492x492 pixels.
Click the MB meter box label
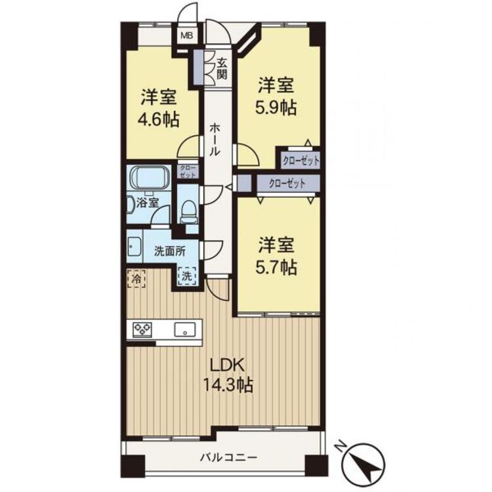pos(187,35)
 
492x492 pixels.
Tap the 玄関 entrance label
pos(222,69)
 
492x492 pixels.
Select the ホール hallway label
pos(215,140)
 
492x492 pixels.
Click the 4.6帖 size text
pos(159,119)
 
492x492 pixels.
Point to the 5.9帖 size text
pos(276,108)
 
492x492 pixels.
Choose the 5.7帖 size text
pos(276,268)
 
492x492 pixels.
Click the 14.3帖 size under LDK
pos(228,384)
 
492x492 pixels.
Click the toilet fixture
pos(188,211)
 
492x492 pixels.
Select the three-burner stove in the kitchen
pos(142,329)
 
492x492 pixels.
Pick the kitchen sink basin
pos(185,330)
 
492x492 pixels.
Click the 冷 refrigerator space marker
pos(136,278)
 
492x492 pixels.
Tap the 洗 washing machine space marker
pos(187,276)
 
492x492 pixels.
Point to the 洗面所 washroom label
pos(170,251)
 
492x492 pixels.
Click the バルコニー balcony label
pos(229,457)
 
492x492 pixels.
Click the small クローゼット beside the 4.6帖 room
pos(188,171)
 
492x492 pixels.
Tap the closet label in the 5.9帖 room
pos(300,161)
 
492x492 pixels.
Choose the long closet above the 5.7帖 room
pos(288,183)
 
